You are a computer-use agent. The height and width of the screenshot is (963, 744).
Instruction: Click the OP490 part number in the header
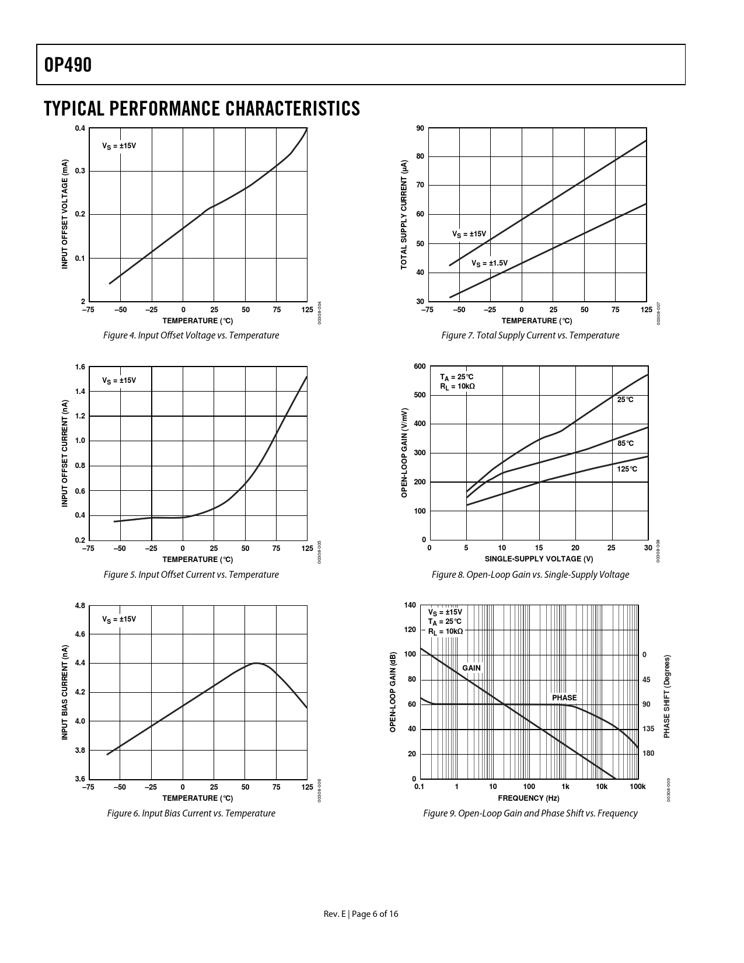[x=68, y=65]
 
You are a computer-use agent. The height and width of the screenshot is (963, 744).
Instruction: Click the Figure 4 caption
[x=191, y=335]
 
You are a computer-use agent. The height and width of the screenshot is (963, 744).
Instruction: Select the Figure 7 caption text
[x=530, y=335]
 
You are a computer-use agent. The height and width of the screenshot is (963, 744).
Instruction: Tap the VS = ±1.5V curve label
[x=489, y=263]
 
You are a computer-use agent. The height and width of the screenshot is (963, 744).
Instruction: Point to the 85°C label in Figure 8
[x=625, y=444]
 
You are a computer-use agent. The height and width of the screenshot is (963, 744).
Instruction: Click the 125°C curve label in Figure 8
[x=627, y=469]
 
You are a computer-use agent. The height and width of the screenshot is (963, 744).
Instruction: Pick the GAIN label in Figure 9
[x=471, y=668]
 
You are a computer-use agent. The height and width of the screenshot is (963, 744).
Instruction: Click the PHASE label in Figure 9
[x=564, y=697]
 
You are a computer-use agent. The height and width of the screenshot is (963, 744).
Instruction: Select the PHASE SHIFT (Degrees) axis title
[x=667, y=696]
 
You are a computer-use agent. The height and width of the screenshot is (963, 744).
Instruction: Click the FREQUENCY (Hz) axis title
[x=528, y=798]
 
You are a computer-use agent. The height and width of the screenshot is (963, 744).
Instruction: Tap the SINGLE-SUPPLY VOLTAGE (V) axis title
[x=539, y=559]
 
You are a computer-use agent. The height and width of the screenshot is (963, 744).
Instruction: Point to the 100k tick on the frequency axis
[x=637, y=787]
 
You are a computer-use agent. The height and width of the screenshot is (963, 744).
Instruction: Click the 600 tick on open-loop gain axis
[x=420, y=367]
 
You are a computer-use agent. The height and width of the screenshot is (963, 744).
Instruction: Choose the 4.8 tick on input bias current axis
[x=80, y=606]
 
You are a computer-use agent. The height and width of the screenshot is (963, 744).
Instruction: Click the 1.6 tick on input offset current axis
[x=80, y=367]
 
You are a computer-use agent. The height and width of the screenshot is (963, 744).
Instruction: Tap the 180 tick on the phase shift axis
[x=648, y=753]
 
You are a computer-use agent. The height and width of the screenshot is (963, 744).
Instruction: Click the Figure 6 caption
[x=191, y=813]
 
